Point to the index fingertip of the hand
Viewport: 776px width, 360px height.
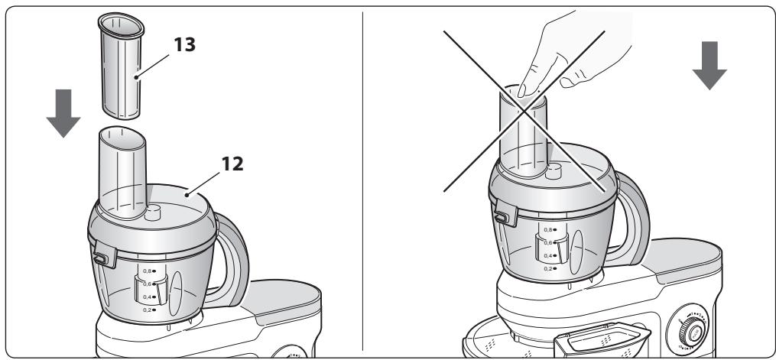[522, 91]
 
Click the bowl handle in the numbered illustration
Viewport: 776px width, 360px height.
[228, 252]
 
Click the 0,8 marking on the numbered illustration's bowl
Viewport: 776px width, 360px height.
[150, 271]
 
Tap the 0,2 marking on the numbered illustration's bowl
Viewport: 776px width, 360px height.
[150, 310]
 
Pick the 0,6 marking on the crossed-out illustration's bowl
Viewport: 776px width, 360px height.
[548, 242]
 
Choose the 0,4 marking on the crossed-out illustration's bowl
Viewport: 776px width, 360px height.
[548, 256]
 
